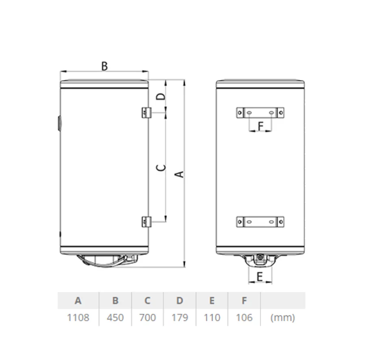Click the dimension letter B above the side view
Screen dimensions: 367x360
pos(104,66)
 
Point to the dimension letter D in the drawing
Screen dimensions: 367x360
pos(161,97)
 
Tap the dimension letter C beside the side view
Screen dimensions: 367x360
pos(161,168)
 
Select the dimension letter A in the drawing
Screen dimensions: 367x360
pos(179,174)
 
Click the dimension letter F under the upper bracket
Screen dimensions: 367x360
pos(261,126)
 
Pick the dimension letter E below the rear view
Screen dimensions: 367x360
pos(260,277)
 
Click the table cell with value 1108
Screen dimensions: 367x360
pos(78,318)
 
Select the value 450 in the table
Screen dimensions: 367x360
pos(115,318)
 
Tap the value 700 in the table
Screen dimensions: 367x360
pos(147,318)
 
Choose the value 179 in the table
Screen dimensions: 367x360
pos(180,318)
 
